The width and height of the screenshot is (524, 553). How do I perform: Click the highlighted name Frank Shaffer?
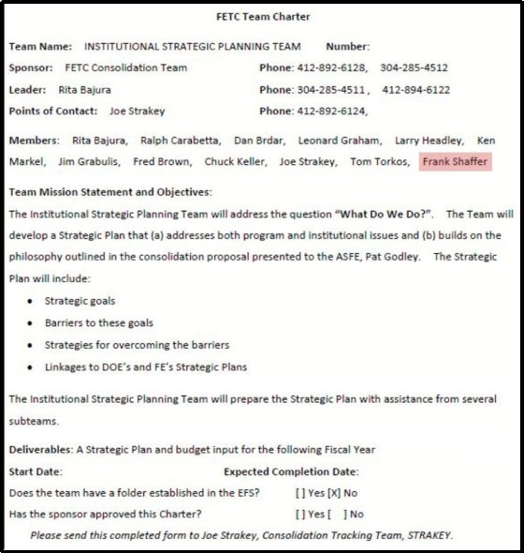(455, 161)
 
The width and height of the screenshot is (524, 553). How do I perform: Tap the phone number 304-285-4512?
(415, 67)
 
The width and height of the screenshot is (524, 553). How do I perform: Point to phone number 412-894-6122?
(416, 90)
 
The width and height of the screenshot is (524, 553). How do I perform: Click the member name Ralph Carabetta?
(181, 141)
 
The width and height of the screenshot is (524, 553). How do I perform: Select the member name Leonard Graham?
(339, 141)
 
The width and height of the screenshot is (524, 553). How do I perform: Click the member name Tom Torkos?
(380, 161)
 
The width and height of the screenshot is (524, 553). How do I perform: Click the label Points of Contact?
(52, 112)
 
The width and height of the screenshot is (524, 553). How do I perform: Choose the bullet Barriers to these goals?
(99, 322)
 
